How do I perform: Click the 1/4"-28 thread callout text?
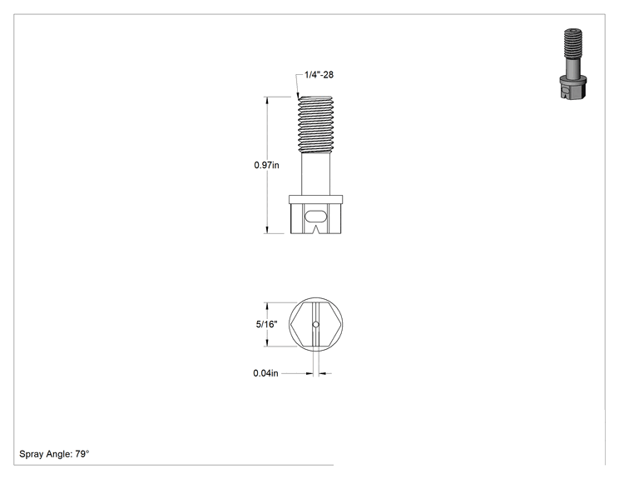[319, 75]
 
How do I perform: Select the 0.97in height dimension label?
[266, 165]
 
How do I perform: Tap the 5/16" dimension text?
[266, 325]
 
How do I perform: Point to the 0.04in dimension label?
[265, 373]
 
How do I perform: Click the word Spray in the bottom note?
[31, 454]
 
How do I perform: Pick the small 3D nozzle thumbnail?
[573, 63]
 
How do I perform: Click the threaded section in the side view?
[315, 124]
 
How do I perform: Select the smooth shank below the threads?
[315, 174]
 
